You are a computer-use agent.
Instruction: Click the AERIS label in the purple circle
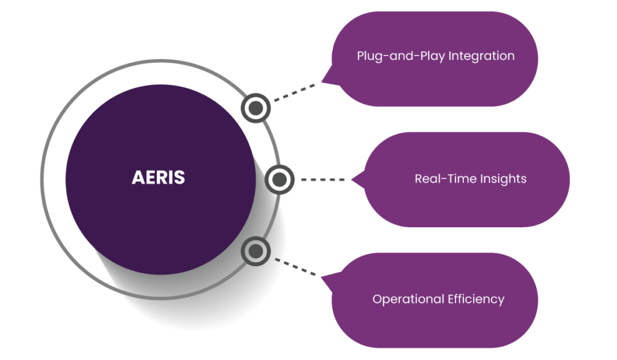(158, 178)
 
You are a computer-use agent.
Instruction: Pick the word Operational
(408, 299)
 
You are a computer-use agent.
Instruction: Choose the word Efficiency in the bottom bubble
(476, 299)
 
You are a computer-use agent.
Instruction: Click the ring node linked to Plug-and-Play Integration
(256, 108)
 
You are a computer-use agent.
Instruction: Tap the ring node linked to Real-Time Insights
(278, 179)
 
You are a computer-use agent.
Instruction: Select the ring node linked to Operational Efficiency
(256, 251)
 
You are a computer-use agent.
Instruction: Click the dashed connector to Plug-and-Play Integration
(293, 93)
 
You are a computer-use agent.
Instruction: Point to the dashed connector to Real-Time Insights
(322, 179)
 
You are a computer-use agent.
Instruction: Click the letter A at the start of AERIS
(137, 178)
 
